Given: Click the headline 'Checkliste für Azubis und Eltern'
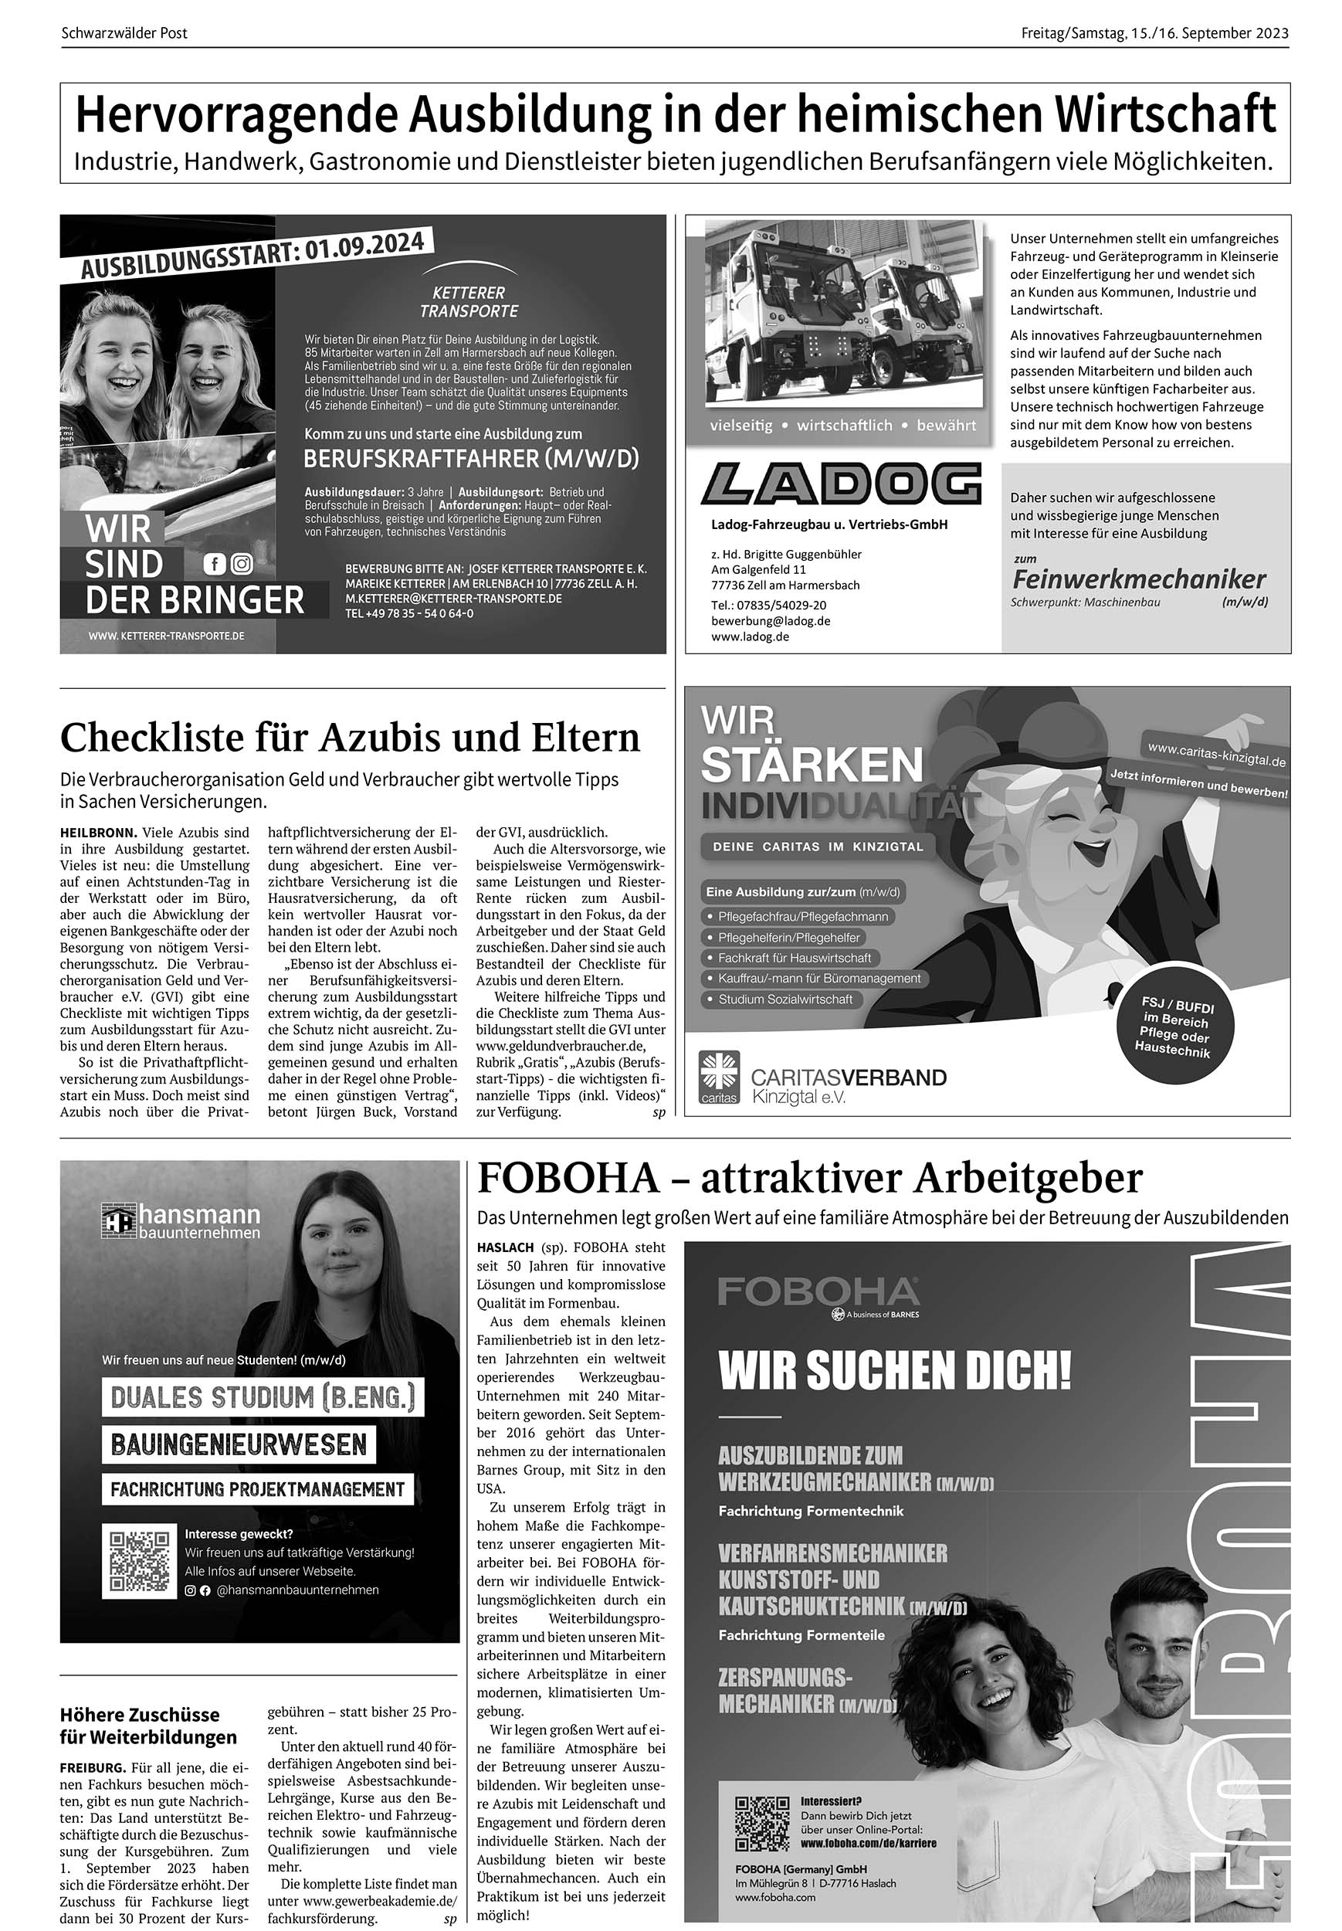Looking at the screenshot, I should pos(350,738).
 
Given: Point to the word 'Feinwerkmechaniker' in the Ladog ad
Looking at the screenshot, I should pos(1138,579).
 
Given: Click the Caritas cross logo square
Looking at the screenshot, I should pos(719,1077).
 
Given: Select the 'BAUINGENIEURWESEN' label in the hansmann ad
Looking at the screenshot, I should pos(239,1444).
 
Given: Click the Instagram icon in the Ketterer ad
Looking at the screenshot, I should pos(242,564).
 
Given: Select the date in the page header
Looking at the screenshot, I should pos(1154,34).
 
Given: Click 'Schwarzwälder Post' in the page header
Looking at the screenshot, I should pos(124,34).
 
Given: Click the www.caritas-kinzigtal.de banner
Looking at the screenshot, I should pos(1215,754).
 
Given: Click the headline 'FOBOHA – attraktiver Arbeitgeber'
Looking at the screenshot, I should pos(809,1178).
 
